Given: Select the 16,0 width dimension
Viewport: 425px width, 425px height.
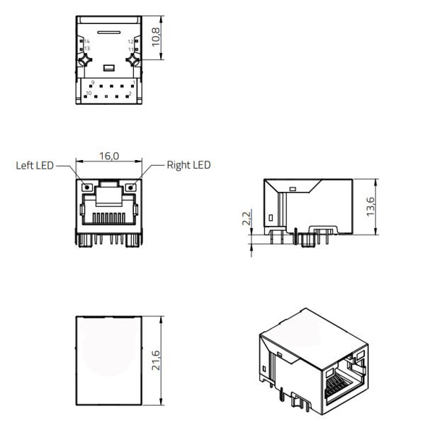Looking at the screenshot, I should click(x=109, y=156).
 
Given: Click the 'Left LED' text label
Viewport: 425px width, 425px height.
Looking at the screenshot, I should click(x=35, y=166).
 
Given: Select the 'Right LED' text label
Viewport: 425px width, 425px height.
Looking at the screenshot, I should click(x=188, y=166).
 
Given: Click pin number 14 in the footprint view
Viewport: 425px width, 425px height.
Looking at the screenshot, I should click(x=87, y=42).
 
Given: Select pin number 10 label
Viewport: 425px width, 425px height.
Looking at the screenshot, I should click(x=89, y=93).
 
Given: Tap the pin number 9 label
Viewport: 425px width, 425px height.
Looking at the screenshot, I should click(x=93, y=83).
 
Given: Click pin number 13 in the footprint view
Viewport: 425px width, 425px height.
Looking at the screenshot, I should click(x=87, y=49).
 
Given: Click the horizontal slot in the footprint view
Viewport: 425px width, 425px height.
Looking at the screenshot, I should click(x=108, y=33).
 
